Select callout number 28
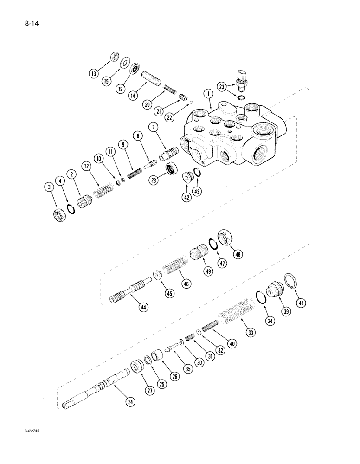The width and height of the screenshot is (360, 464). pyautogui.click(x=153, y=181)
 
